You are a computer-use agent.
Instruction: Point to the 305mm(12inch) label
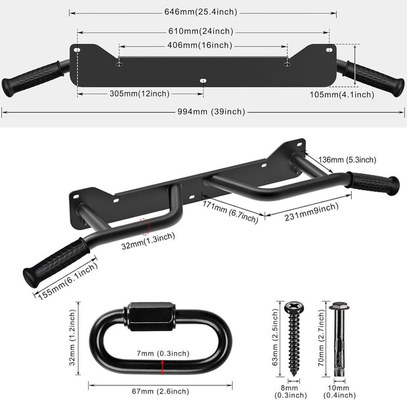pyautogui.click(x=139, y=93)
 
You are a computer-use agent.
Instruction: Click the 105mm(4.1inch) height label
pyautogui.click(x=341, y=95)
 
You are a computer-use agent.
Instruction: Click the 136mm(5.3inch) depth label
pyautogui.click(x=347, y=160)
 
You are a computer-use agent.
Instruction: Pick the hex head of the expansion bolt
pyautogui.click(x=339, y=307)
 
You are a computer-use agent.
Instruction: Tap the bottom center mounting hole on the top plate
pyautogui.click(x=203, y=80)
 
